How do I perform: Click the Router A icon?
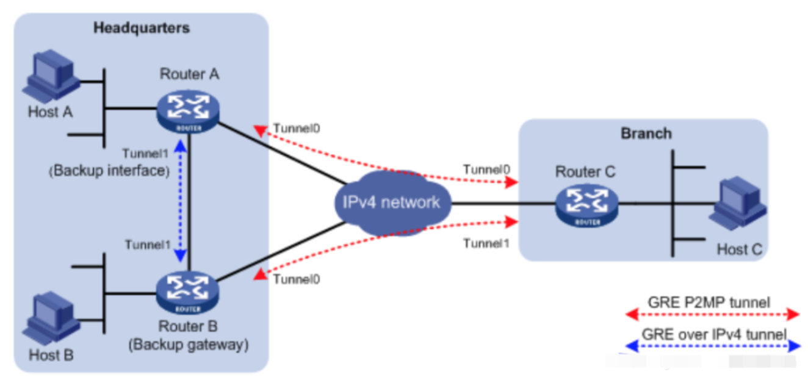tap(187, 110)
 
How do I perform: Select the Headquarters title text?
tap(141, 28)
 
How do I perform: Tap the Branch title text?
tap(646, 134)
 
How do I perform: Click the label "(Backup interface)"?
tap(109, 171)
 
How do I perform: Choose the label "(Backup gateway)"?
tap(188, 345)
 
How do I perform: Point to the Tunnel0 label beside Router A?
tap(297, 129)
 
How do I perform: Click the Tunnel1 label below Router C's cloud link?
tap(486, 243)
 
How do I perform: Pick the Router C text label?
tap(585, 173)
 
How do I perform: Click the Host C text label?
tap(740, 249)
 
